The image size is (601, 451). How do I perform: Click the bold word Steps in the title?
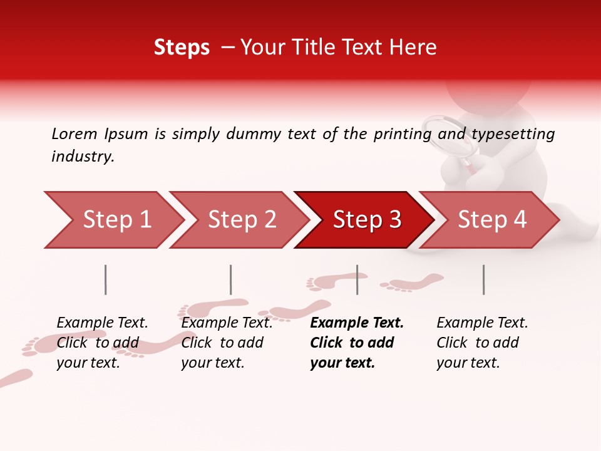click(x=182, y=48)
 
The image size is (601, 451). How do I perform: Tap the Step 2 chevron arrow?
click(x=238, y=220)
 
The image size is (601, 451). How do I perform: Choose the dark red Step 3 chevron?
click(x=363, y=220)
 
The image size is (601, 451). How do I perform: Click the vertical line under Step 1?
click(x=106, y=279)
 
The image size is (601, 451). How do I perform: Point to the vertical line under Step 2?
click(x=231, y=279)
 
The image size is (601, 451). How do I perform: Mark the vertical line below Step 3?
click(x=357, y=279)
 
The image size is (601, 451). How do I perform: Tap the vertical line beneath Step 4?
click(x=484, y=279)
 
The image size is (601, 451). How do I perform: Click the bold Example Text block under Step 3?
click(x=356, y=343)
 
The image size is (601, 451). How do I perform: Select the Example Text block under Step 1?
click(x=102, y=343)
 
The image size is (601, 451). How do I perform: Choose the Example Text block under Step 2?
click(x=227, y=343)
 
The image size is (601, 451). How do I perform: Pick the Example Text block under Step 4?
click(x=482, y=343)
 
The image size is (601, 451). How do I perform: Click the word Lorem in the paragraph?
click(x=74, y=133)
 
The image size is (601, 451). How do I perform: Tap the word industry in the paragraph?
click(x=82, y=157)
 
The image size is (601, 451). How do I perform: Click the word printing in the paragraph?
click(x=398, y=134)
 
